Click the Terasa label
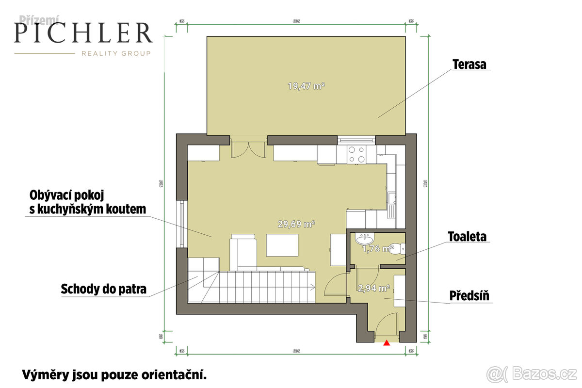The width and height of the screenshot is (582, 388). pyautogui.click(x=469, y=64)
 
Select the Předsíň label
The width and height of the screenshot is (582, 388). pyautogui.click(x=468, y=295)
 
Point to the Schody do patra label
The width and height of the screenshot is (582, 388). pyautogui.click(x=103, y=290)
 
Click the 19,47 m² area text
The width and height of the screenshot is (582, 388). pyautogui.click(x=306, y=86)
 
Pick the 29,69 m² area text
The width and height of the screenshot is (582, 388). pyautogui.click(x=297, y=224)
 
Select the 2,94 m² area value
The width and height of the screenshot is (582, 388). pyautogui.click(x=374, y=288)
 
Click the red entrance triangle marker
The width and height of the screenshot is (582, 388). pyautogui.click(x=387, y=343)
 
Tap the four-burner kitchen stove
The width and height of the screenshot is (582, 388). pyautogui.click(x=356, y=154)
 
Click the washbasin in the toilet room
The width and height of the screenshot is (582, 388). pyautogui.click(x=364, y=239)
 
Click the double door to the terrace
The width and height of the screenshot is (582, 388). pyautogui.click(x=248, y=147)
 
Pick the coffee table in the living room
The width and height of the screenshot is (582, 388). pyautogui.click(x=282, y=244)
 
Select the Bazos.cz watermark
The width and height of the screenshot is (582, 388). pyautogui.click(x=532, y=373)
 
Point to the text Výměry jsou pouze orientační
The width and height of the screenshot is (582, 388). pyautogui.click(x=114, y=374)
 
